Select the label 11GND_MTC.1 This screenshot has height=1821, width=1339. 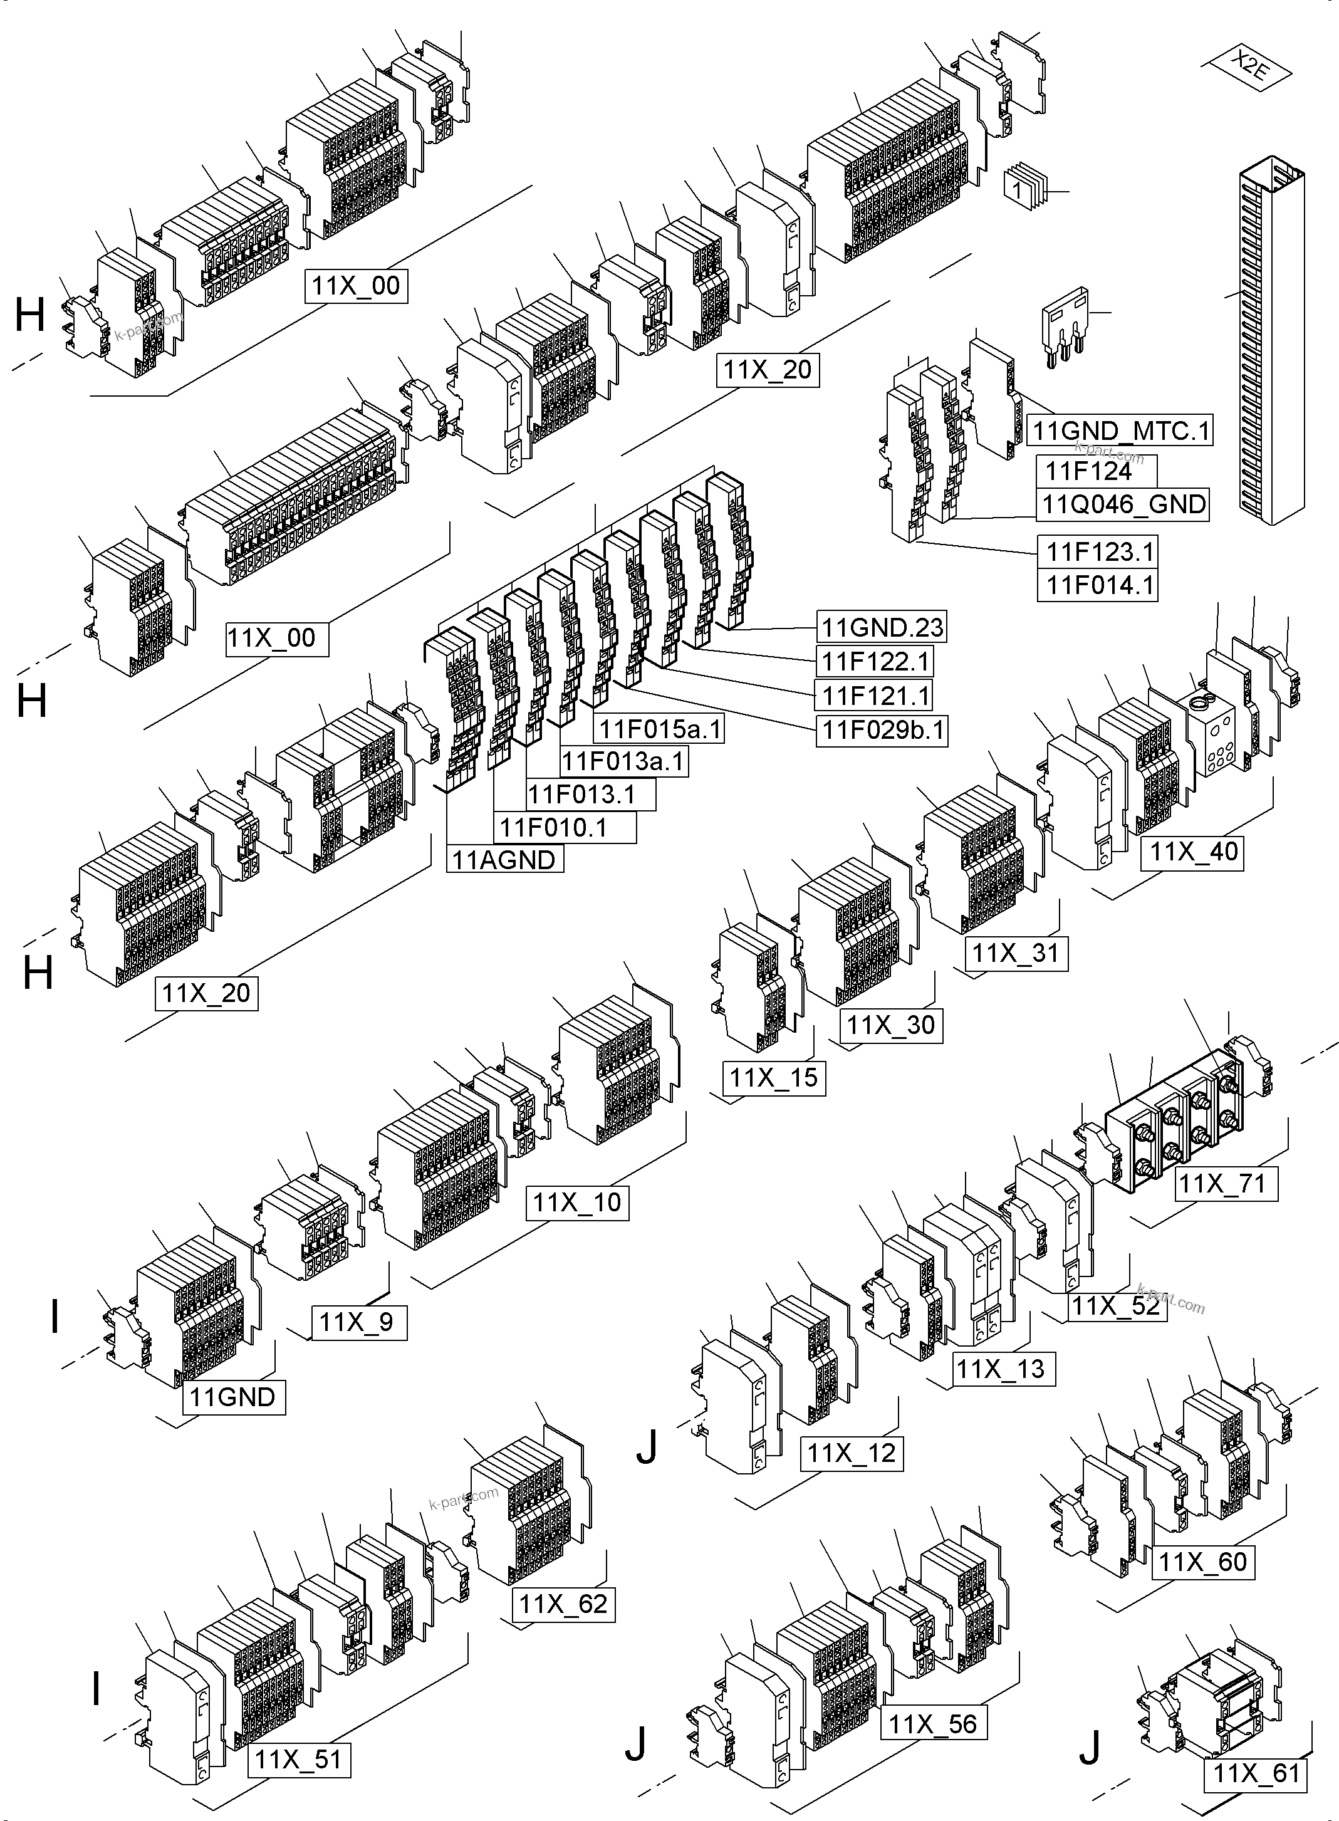(1121, 430)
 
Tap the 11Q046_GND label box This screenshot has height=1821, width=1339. (1123, 504)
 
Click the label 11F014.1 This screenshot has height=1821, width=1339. (1098, 585)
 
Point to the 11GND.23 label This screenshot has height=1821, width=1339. (882, 627)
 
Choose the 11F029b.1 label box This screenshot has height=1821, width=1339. (882, 730)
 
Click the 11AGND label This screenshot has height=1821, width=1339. (505, 859)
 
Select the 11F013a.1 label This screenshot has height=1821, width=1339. (624, 761)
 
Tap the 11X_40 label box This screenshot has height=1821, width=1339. (1193, 852)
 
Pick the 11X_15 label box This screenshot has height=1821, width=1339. (774, 1078)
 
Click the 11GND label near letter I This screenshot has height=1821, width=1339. (234, 1397)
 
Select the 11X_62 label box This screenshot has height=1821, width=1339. (563, 1604)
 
